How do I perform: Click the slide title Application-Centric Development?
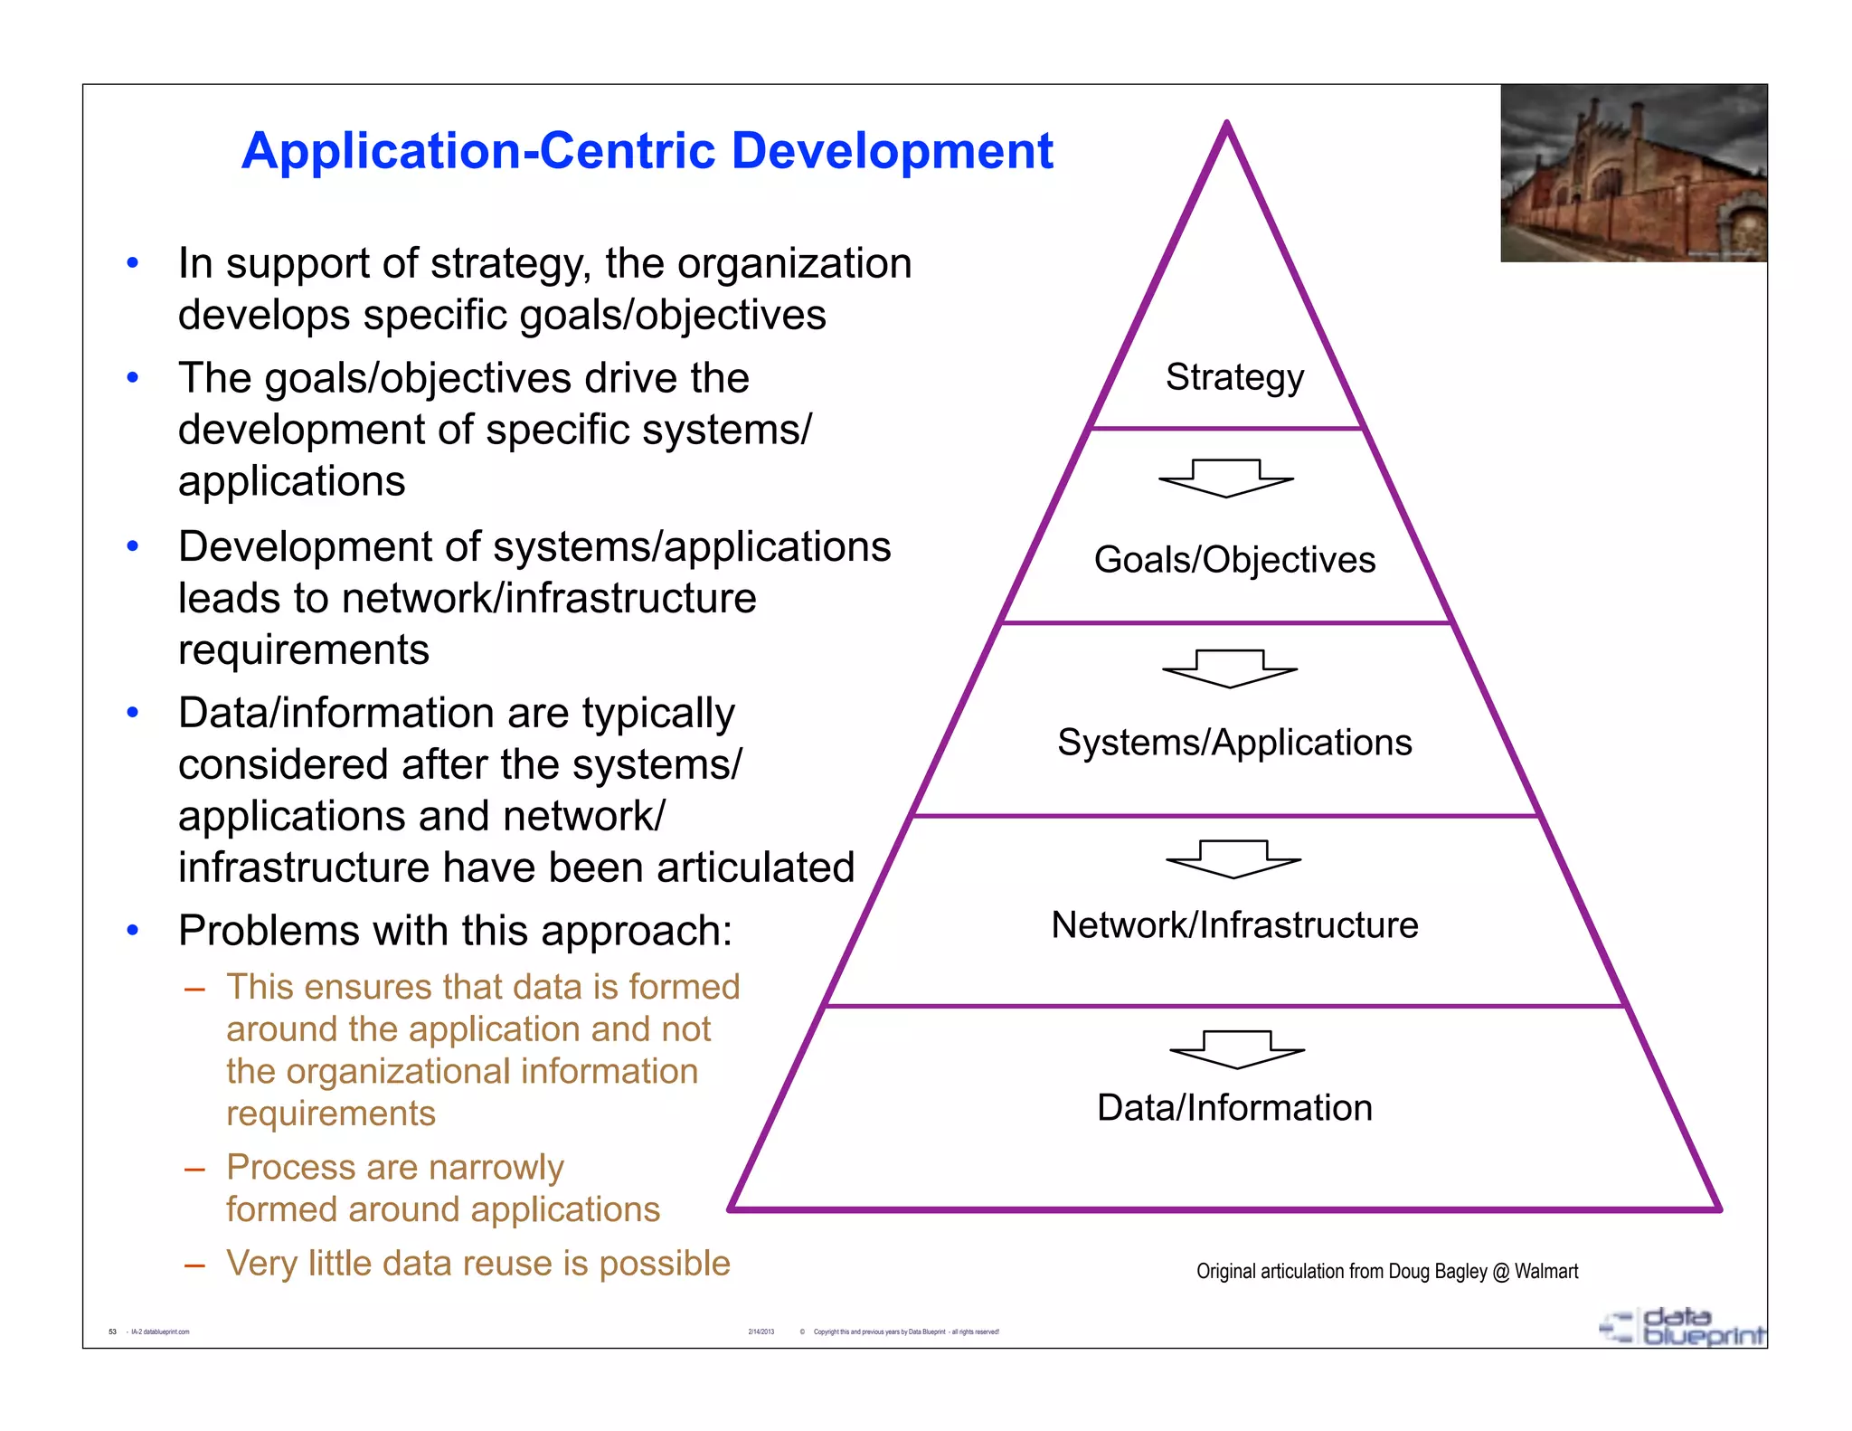tap(647, 150)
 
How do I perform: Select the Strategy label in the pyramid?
tap(1234, 376)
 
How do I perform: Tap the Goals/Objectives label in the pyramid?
tap(1234, 560)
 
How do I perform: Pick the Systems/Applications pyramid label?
tap(1234, 743)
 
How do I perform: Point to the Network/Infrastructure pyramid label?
tap(1234, 925)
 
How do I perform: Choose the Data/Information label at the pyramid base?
tap(1234, 1108)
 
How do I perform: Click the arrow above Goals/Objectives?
tap(1226, 479)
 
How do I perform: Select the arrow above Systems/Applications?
tap(1230, 668)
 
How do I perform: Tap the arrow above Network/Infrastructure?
tap(1233, 859)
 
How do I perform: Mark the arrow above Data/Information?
tap(1237, 1049)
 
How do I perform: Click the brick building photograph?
tap(1633, 174)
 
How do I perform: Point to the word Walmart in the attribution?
tap(1546, 1272)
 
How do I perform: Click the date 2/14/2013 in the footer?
tap(761, 1331)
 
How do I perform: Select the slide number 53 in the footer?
tap(113, 1331)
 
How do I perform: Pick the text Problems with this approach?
tap(455, 931)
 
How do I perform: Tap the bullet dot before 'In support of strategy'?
tap(133, 263)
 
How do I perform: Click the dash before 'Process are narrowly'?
tap(194, 1170)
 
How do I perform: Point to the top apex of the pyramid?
tap(1227, 124)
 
